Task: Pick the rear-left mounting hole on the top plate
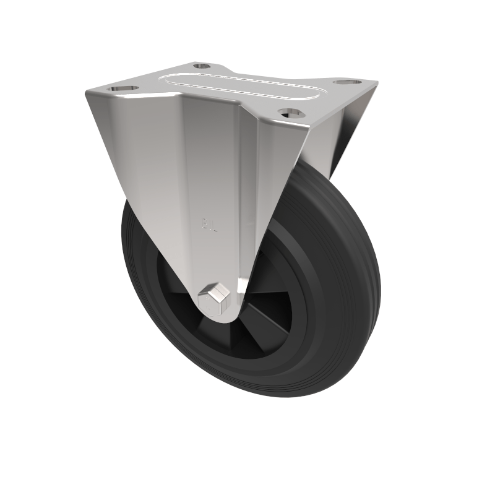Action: [x=202, y=66]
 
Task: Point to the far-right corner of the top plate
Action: [x=375, y=83]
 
